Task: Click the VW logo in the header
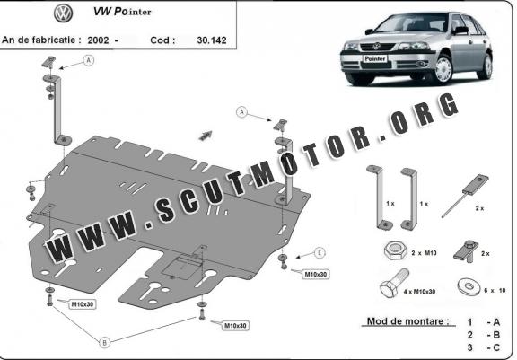[x=64, y=13]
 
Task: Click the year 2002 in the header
[x=98, y=40]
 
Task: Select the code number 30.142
[x=212, y=40]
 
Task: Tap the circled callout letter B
[x=104, y=343]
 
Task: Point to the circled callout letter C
[x=320, y=253]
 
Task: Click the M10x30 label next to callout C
[x=316, y=275]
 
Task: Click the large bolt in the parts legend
[x=395, y=283]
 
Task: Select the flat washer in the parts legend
[x=468, y=286]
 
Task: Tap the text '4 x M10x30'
[x=419, y=292]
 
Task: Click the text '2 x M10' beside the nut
[x=424, y=253]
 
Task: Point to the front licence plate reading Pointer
[x=375, y=58]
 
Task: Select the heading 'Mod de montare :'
[x=408, y=321]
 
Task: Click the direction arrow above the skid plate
[x=206, y=136]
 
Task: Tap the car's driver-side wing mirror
[x=460, y=31]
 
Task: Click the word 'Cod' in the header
[x=160, y=40]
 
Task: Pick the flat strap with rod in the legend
[x=465, y=195]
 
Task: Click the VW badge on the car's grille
[x=376, y=47]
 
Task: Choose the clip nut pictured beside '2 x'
[x=466, y=251]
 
